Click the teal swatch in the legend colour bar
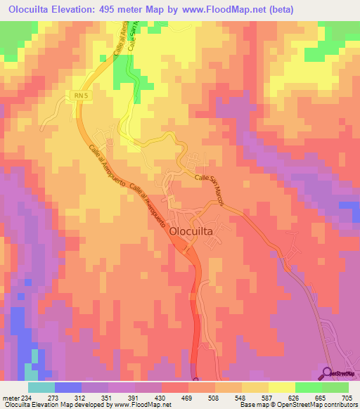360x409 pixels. click(41, 387)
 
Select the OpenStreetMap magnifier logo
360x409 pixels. click(328, 372)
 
